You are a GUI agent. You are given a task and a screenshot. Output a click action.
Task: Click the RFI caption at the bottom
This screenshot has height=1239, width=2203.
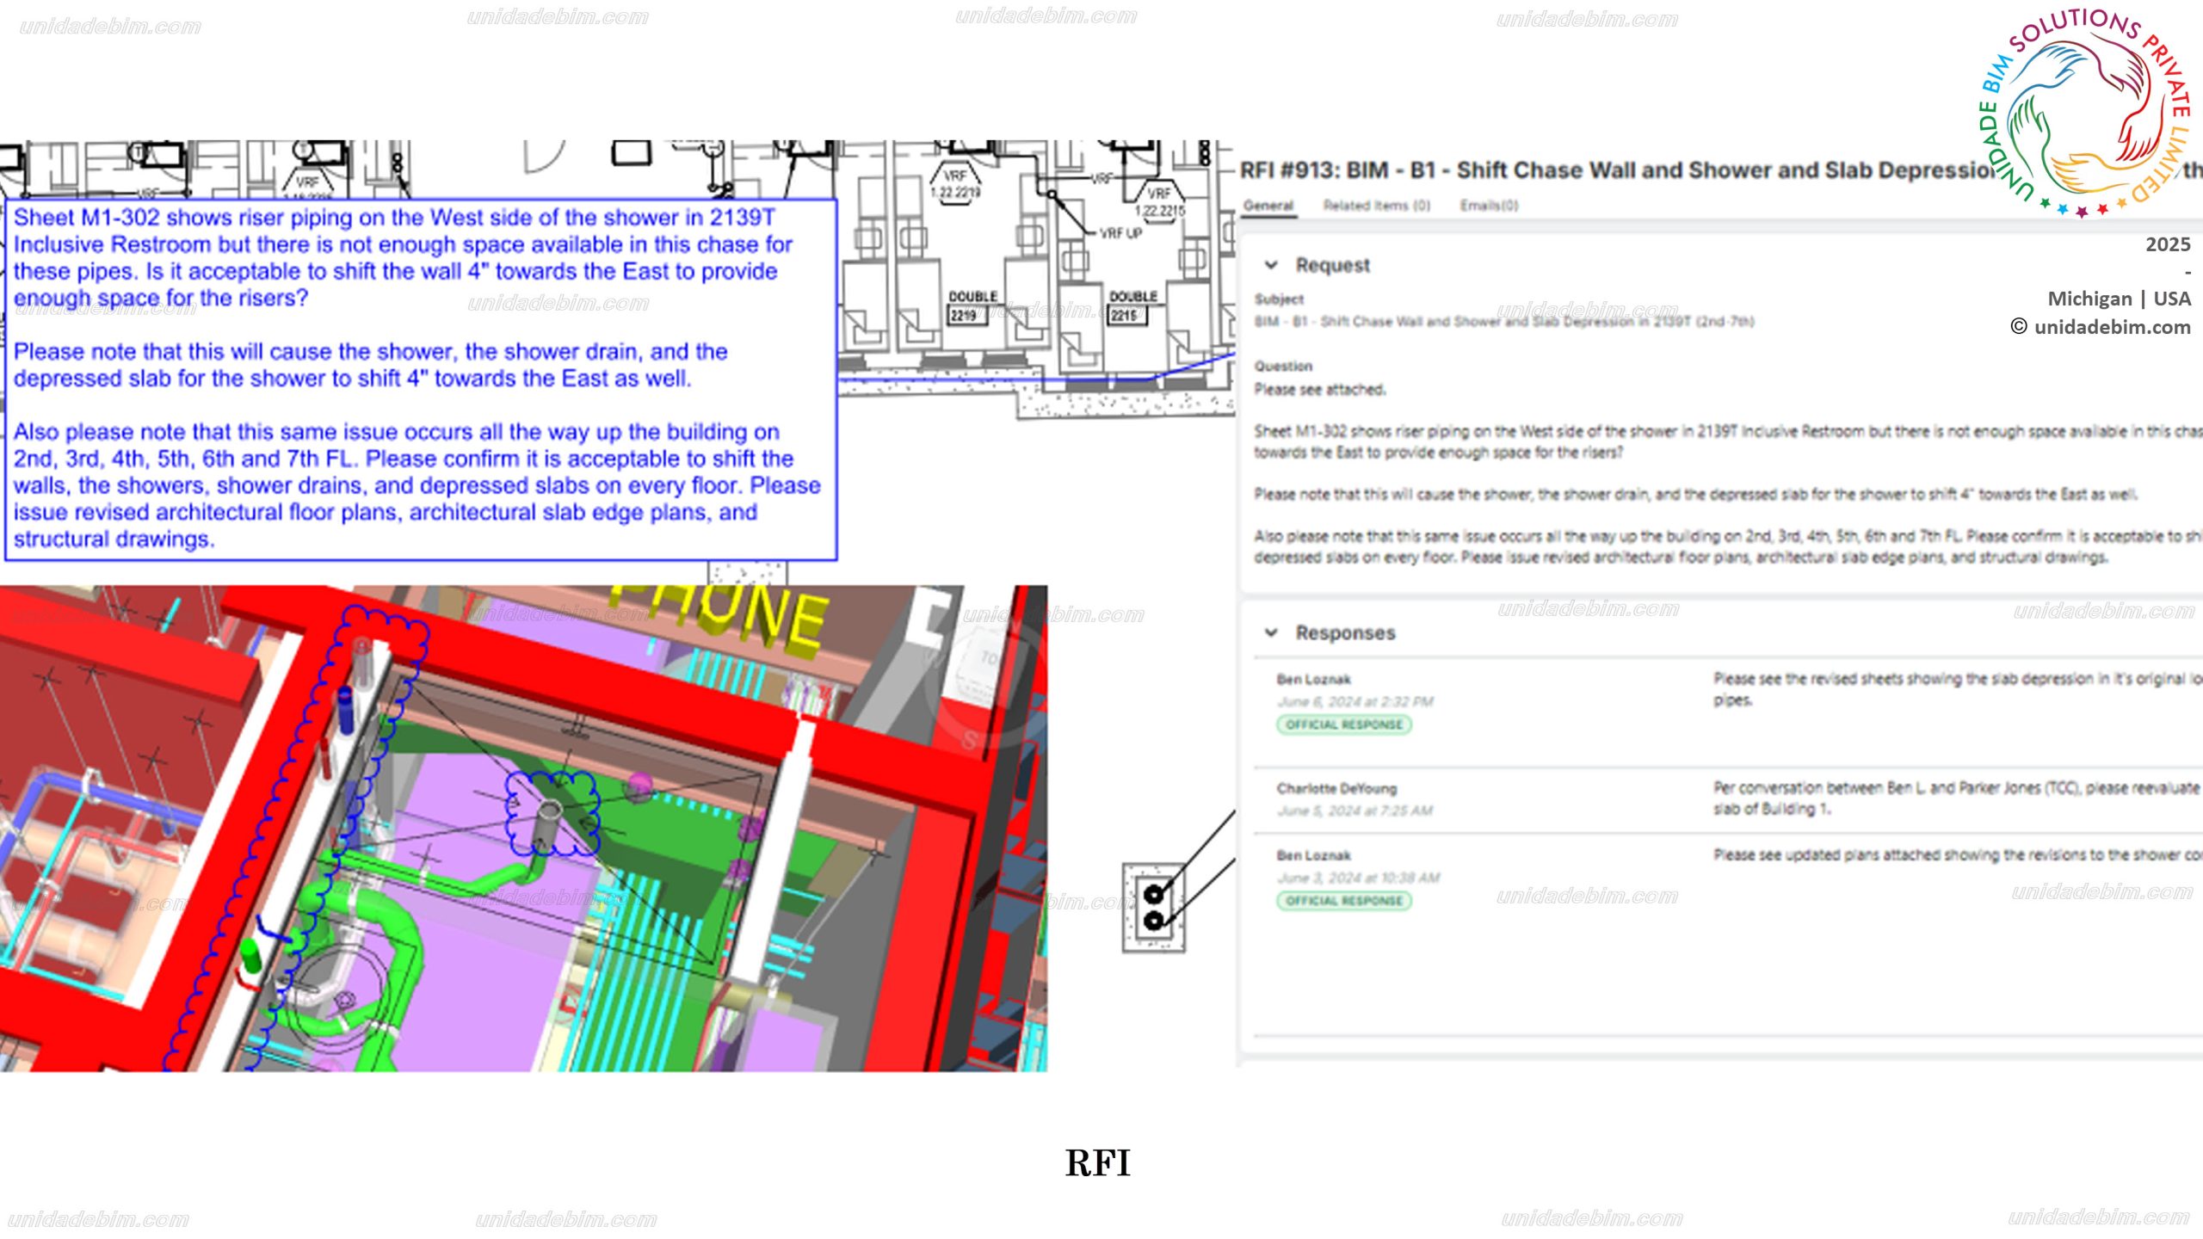coord(1097,1163)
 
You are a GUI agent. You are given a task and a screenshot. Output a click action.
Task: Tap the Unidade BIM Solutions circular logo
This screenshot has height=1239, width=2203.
coord(2083,112)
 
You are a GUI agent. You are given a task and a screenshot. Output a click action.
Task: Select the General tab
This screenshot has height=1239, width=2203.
coord(1268,206)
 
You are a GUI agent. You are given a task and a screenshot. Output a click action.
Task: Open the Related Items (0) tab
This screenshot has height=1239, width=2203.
coord(1376,206)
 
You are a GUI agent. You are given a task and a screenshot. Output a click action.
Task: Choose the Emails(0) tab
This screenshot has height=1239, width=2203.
coord(1489,206)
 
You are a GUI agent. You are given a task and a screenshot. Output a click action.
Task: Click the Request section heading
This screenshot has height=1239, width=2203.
coord(1332,265)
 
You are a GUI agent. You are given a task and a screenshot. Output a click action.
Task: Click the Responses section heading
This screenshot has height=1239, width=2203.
coord(1345,632)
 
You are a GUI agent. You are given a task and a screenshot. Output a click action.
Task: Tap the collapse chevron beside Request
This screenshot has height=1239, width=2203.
coord(1271,265)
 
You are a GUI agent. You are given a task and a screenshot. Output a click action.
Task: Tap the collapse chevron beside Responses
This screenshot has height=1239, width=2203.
coord(1271,632)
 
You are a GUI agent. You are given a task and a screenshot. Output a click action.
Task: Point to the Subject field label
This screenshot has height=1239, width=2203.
coord(1279,299)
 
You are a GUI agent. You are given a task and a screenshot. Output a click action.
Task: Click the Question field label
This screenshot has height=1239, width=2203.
coord(1283,367)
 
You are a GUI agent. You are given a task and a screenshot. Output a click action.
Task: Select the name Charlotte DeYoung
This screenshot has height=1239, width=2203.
coord(1336,788)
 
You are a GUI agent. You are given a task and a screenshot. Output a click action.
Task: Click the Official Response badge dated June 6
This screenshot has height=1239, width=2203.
coord(1343,724)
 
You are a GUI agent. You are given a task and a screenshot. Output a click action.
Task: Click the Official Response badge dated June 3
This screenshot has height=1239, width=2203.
coord(1343,901)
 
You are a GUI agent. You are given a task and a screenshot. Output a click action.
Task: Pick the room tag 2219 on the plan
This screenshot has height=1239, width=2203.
coord(964,316)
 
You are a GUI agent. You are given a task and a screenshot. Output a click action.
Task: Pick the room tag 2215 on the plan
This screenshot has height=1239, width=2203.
coord(1125,316)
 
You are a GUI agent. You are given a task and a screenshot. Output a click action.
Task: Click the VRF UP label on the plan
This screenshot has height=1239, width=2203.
coord(1120,233)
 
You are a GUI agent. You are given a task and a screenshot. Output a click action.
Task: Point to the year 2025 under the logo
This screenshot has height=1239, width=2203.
coord(2168,244)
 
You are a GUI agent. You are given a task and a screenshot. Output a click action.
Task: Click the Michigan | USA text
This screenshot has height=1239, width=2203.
coord(2119,299)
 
